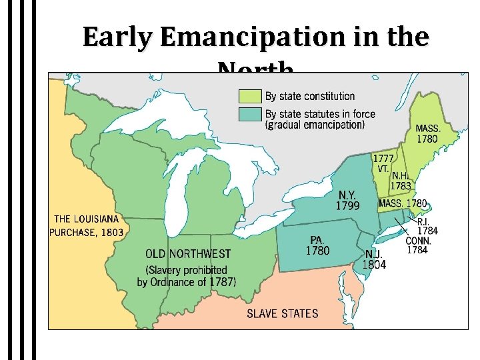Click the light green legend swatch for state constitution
point(250,97)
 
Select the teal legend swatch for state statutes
point(250,114)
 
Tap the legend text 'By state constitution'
point(310,97)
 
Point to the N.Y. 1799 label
point(347,200)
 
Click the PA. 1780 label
point(317,245)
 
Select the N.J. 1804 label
point(374,259)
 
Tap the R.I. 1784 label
point(427,226)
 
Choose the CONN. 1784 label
point(419,246)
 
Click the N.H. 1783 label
point(401,181)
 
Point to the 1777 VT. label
point(382,164)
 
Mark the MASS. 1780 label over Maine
point(427,134)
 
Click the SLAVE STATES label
point(283,313)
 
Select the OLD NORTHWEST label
point(189,254)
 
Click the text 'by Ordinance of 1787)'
point(186,282)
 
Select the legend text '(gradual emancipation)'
point(315,125)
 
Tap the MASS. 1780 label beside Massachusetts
point(403,203)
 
